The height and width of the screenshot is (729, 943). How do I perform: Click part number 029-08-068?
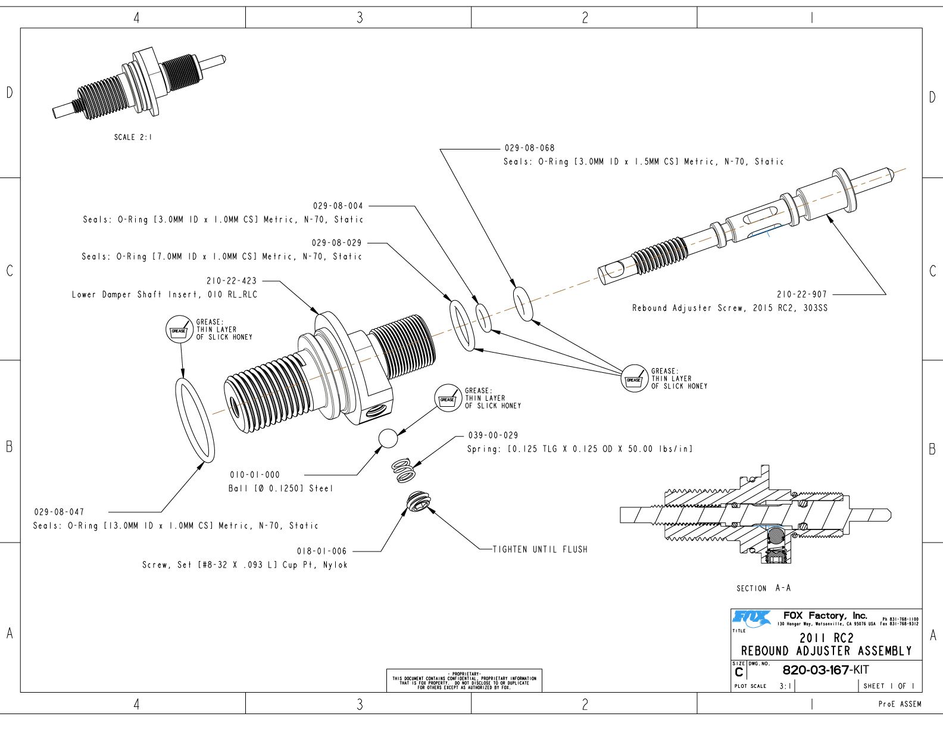(529, 148)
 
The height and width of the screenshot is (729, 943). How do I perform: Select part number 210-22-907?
(801, 294)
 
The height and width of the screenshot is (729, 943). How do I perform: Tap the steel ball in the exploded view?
(388, 438)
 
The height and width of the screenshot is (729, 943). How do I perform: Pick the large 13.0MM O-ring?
(195, 420)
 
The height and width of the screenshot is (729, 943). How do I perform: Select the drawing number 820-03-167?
(815, 670)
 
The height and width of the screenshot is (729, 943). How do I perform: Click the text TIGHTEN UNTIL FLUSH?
(540, 549)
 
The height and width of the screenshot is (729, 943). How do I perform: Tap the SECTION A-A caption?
(763, 588)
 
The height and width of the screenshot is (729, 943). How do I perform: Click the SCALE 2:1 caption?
(133, 137)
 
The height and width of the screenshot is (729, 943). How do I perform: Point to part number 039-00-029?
(493, 435)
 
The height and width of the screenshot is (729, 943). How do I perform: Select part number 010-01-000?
(255, 475)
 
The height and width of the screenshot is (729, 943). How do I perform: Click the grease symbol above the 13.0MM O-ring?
(179, 330)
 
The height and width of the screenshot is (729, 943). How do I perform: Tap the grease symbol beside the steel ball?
(448, 398)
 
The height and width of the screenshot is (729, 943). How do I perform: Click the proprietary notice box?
(464, 681)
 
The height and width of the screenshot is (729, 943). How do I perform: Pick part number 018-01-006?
(321, 551)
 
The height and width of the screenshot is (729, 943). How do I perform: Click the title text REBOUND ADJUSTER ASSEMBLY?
(826, 651)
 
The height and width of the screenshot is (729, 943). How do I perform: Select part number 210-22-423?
(232, 281)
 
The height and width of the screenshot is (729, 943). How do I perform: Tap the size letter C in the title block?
(739, 672)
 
